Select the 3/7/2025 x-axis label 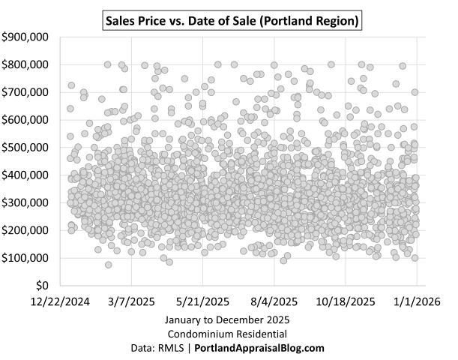coord(132,301)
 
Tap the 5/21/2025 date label coord(202,301)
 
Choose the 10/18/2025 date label coord(345,301)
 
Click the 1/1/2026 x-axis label coord(417,301)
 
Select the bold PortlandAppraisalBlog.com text coord(259,348)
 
